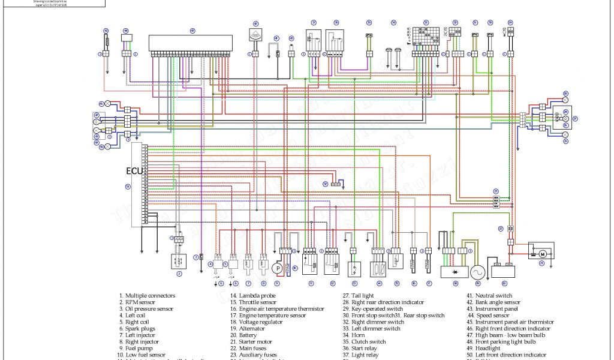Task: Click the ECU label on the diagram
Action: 134,171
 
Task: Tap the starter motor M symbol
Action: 542,254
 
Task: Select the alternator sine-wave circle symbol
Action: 478,272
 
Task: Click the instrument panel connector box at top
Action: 192,42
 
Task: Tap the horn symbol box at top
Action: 256,35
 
